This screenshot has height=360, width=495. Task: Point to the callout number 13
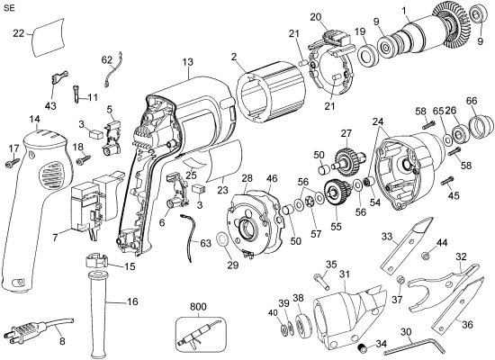coord(187,62)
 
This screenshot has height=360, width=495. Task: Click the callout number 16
coord(132,301)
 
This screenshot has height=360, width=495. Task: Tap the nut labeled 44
coord(422,259)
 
